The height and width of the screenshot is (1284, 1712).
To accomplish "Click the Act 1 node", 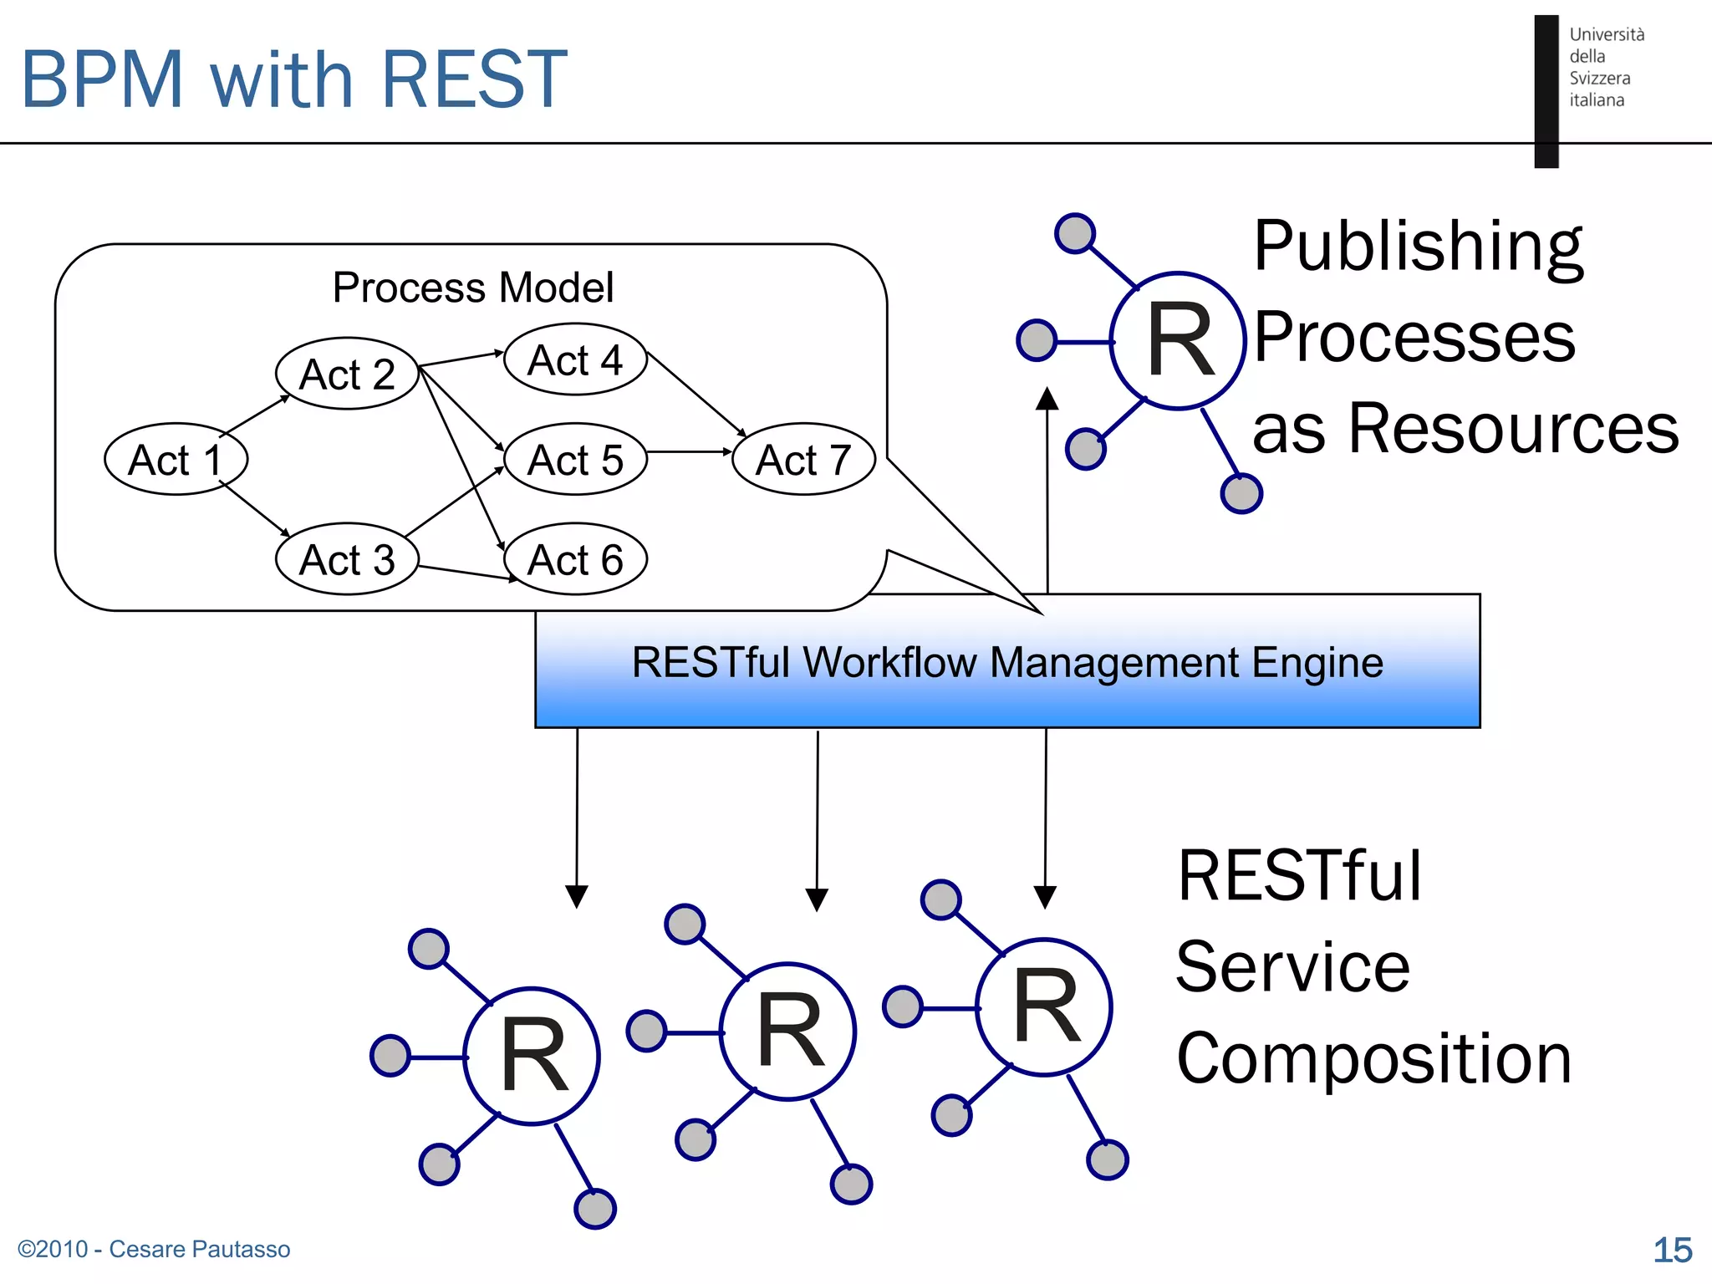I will (x=176, y=459).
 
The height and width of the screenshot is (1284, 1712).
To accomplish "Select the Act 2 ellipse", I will (x=347, y=374).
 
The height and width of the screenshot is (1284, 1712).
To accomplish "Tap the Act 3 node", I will (x=347, y=559).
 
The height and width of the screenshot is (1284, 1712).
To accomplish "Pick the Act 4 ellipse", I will (x=575, y=359).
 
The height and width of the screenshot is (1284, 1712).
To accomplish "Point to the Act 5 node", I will (x=575, y=459).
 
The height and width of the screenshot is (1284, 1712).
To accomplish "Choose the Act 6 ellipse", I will (x=575, y=559).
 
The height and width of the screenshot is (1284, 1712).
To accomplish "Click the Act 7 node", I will (x=803, y=459).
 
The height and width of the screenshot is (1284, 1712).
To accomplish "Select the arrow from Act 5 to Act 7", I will (x=690, y=451).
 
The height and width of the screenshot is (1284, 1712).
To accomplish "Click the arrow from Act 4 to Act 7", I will (x=696, y=394).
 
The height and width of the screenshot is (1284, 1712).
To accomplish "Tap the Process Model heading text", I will (x=472, y=288).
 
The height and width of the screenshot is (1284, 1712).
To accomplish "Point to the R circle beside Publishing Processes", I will (x=1178, y=341).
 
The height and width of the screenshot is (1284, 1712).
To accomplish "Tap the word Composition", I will (x=1374, y=1058).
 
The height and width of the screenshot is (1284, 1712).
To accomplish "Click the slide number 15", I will (x=1672, y=1250).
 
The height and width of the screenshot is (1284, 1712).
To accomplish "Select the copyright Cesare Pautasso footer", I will (x=154, y=1249).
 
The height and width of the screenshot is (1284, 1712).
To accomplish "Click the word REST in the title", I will (x=474, y=80).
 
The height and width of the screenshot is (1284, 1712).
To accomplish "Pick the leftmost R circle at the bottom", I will (x=532, y=1057).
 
